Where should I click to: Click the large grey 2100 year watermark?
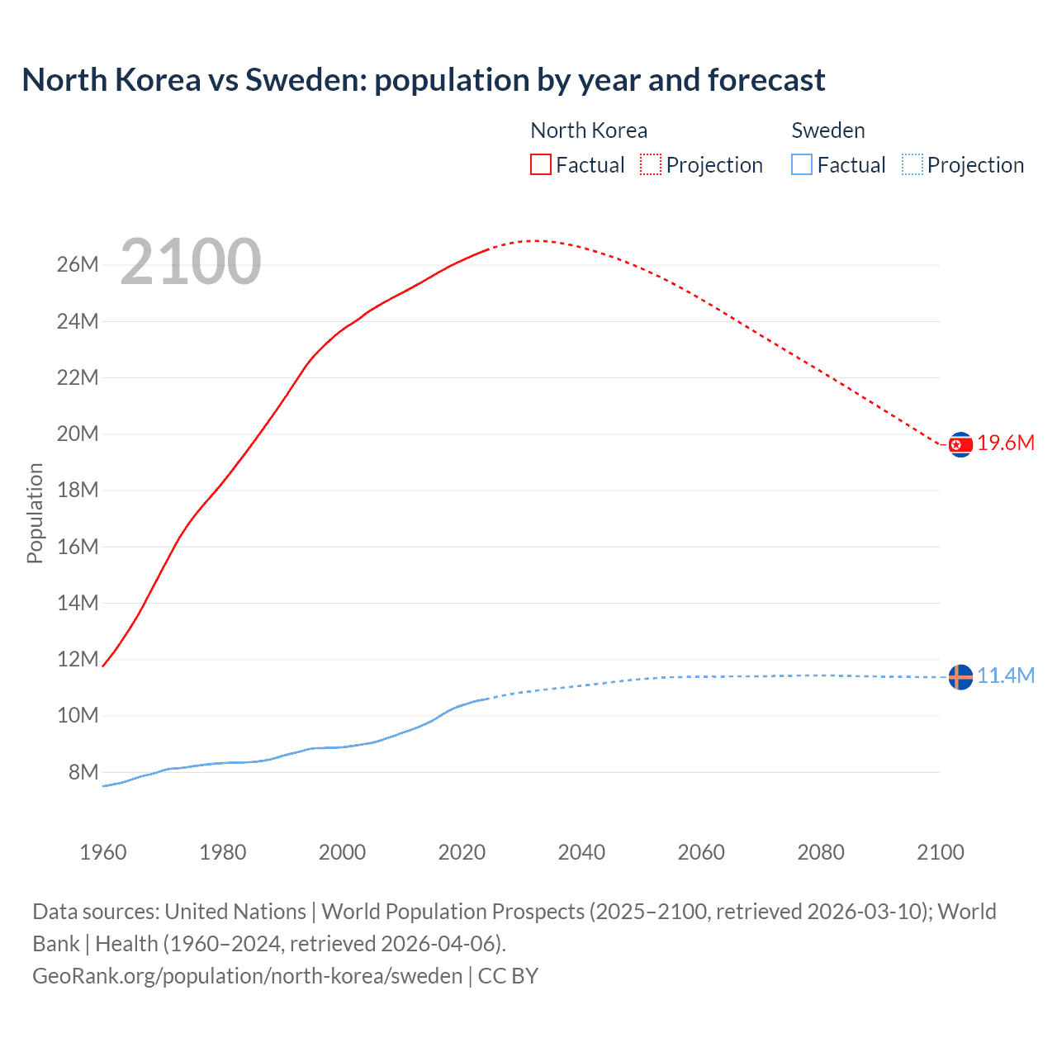tap(191, 262)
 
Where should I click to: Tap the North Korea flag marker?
tap(960, 445)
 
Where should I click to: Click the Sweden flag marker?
tap(960, 677)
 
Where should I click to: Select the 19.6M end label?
tap(1006, 443)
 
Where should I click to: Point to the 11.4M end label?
tap(1006, 676)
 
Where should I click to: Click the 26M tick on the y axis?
tap(78, 265)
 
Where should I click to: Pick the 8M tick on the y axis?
tap(83, 773)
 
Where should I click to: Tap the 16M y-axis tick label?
tap(78, 547)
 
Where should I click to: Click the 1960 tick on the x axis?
tap(103, 852)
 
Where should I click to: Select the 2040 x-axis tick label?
tap(581, 852)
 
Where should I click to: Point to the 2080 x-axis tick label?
tap(821, 852)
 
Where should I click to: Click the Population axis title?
tap(35, 513)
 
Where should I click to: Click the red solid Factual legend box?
tap(541, 164)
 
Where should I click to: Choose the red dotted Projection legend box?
tap(651, 164)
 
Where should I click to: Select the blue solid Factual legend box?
tap(802, 164)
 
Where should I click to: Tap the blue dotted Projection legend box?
tap(912, 164)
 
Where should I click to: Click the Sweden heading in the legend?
tap(828, 130)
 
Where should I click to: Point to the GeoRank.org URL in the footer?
tap(247, 976)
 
